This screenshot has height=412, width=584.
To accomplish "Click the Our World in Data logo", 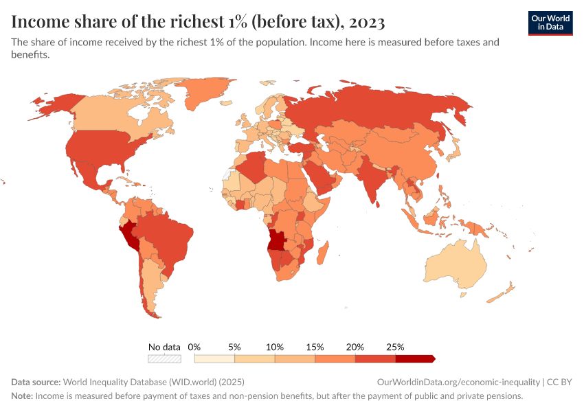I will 550,23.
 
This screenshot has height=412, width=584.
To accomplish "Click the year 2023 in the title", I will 366,22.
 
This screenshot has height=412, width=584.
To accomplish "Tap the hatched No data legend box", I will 164,358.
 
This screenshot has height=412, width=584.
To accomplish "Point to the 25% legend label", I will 395,347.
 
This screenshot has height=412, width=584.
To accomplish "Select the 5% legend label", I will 234,347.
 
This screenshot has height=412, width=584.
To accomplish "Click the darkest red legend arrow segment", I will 414,358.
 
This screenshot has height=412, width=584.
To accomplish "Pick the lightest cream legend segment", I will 214,358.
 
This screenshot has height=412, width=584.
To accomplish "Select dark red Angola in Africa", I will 278,240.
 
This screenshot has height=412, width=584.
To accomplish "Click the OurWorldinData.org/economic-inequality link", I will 458,382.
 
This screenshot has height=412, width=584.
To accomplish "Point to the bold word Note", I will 21,396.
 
